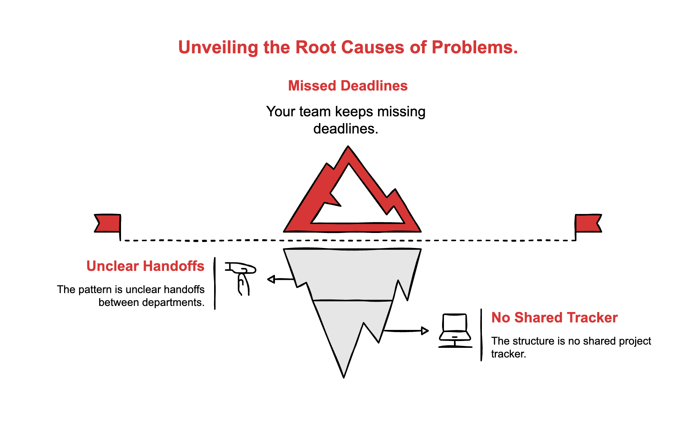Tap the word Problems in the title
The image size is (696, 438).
[x=474, y=48]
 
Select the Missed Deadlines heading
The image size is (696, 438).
[x=348, y=86]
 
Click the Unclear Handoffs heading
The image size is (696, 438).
[x=145, y=266]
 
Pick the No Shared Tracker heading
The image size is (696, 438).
[x=554, y=318]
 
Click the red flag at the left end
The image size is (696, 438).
[x=108, y=223]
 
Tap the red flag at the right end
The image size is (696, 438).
[x=588, y=223]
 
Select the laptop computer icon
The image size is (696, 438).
[x=455, y=330]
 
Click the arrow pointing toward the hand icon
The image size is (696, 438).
[x=280, y=279]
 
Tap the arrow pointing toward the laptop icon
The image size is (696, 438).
[x=406, y=331]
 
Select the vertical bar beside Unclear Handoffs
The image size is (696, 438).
[x=215, y=283]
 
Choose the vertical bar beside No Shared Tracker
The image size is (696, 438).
[x=481, y=335]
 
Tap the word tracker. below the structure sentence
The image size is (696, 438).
[x=508, y=354]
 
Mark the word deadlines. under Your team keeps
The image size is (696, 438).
[x=345, y=129]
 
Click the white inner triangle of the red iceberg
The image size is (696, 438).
[x=358, y=204]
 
